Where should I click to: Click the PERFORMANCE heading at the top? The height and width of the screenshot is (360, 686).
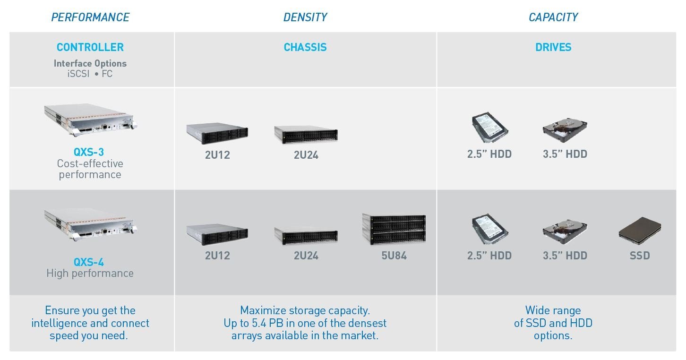(x=90, y=17)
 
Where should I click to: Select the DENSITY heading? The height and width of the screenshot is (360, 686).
(x=305, y=17)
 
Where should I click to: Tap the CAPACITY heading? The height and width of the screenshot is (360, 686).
(x=553, y=17)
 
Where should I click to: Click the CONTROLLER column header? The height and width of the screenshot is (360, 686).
(x=90, y=47)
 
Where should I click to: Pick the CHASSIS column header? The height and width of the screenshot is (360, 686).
(x=305, y=47)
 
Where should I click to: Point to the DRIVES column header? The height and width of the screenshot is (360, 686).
(x=553, y=47)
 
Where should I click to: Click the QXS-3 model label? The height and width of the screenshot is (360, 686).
(x=89, y=152)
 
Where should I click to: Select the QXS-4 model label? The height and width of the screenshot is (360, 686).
(x=89, y=262)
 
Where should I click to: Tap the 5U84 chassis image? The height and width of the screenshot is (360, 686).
(x=394, y=229)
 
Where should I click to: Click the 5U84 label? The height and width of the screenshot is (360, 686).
(x=394, y=256)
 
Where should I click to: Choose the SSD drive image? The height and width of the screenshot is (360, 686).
(x=640, y=231)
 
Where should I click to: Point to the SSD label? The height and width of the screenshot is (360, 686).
(x=640, y=256)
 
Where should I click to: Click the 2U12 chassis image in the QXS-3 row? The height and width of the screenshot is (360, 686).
(x=217, y=133)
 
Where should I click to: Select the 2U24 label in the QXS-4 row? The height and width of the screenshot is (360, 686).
(x=306, y=256)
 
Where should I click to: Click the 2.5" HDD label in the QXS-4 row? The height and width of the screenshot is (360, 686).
(x=489, y=256)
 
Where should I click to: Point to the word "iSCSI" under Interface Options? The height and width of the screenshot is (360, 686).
(x=78, y=74)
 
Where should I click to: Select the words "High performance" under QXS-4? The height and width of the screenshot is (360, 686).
(x=90, y=274)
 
